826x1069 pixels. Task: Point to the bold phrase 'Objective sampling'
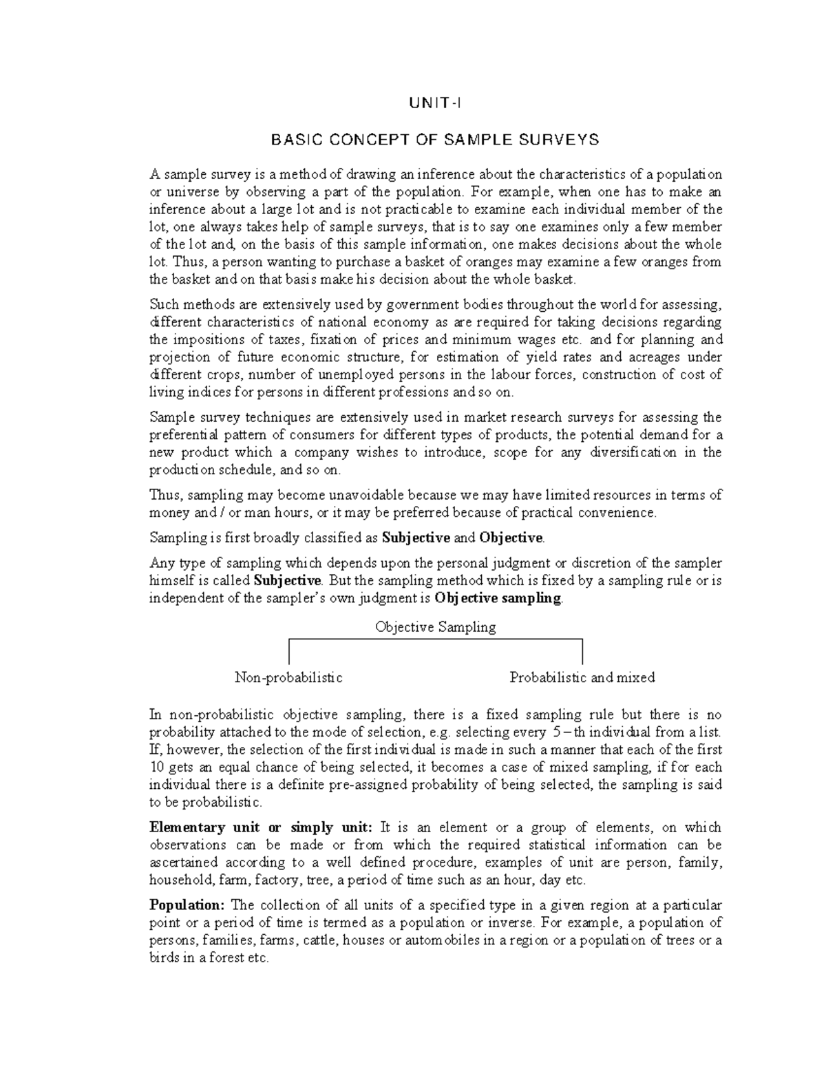(x=498, y=598)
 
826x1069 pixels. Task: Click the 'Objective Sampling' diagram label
(x=435, y=627)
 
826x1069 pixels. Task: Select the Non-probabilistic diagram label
(x=288, y=677)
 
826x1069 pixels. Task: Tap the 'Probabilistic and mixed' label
(x=582, y=677)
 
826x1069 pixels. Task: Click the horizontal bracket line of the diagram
(x=435, y=640)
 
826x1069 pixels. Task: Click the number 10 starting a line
(x=156, y=768)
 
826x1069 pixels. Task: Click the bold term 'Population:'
(x=178, y=905)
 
